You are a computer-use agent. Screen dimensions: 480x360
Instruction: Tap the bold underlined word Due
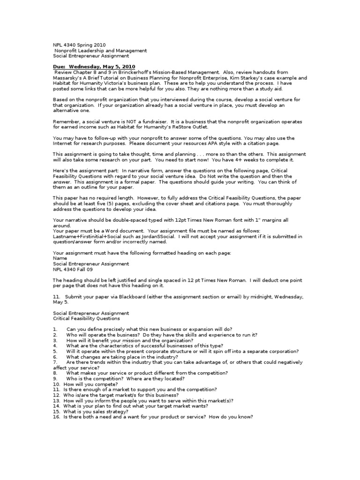59,67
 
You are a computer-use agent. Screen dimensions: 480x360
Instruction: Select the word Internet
63,143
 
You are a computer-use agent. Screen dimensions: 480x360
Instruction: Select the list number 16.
56,417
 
